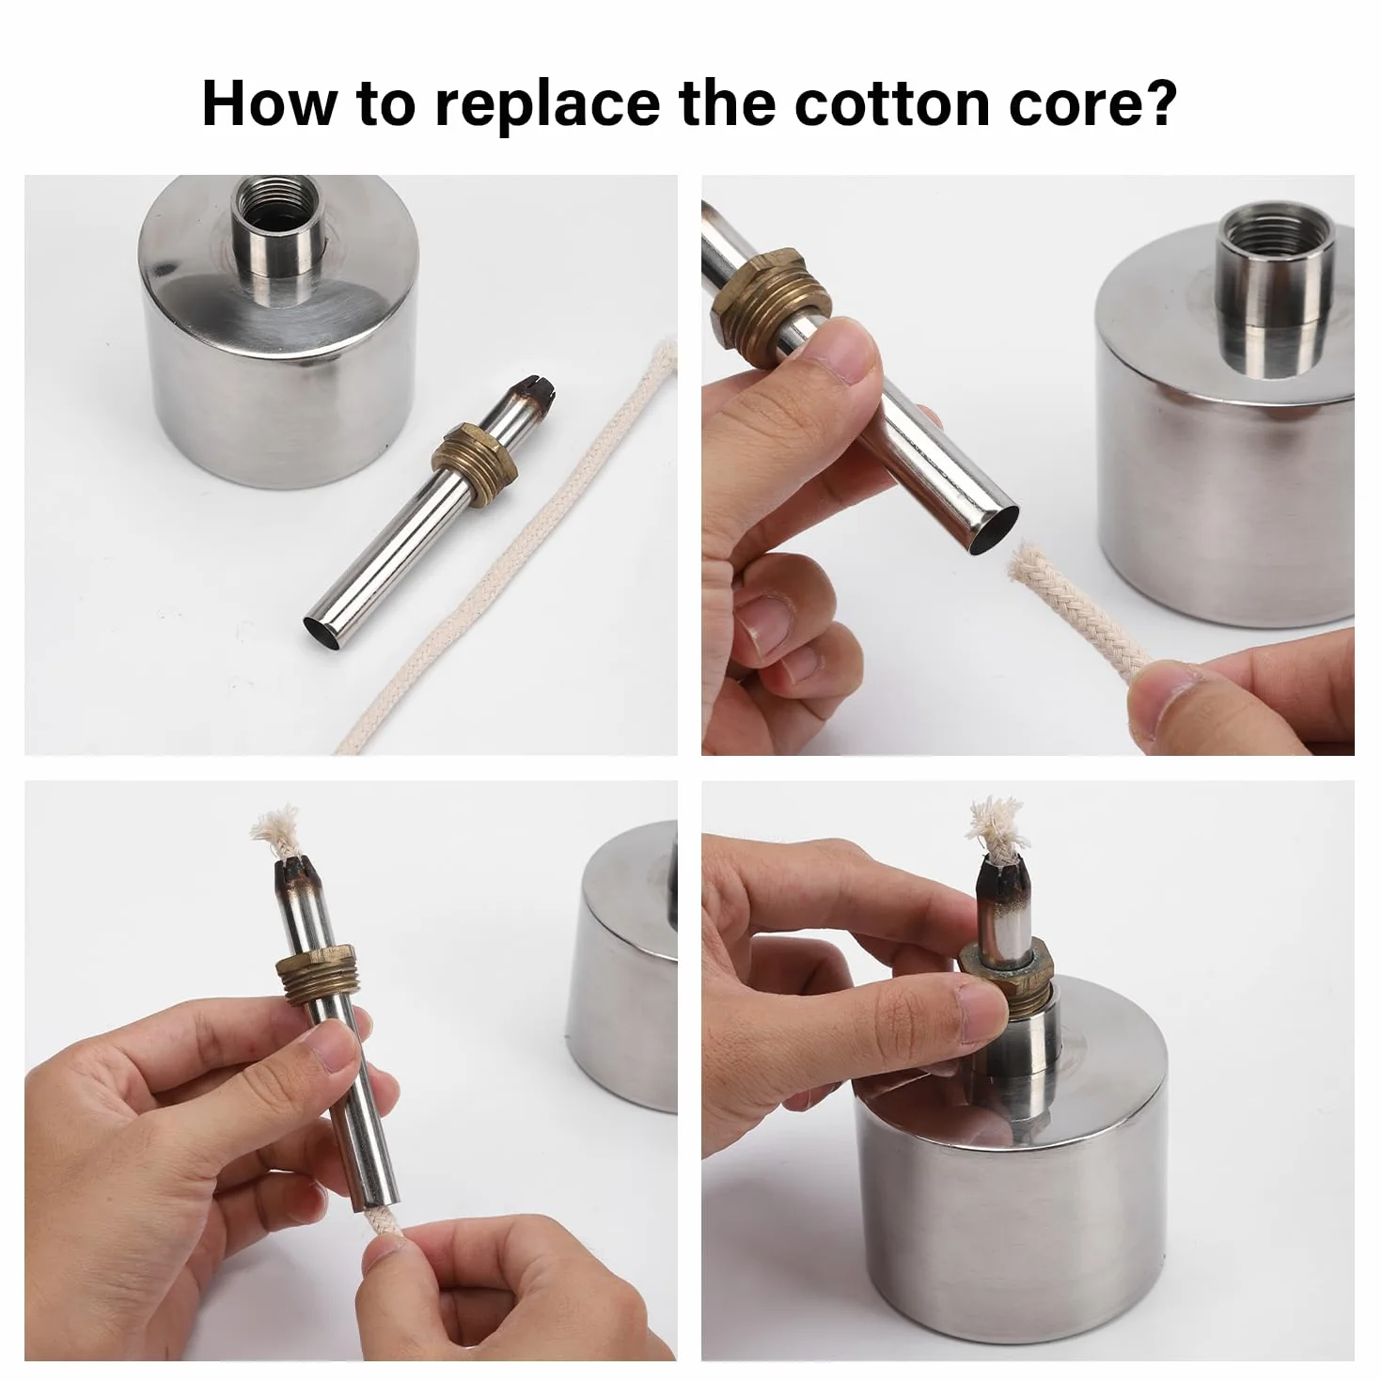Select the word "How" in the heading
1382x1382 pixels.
(269, 104)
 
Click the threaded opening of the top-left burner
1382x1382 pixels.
(279, 206)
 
